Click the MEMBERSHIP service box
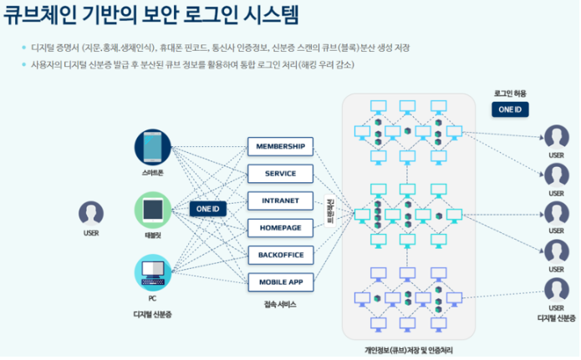[280, 147]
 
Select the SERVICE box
[280, 174]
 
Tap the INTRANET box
[280, 200]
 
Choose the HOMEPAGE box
[280, 227]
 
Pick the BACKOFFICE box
[280, 254]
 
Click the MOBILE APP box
[280, 281]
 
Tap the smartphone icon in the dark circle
[152, 147]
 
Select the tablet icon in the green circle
[152, 209]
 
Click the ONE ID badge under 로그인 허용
[509, 109]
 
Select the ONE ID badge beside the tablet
[206, 209]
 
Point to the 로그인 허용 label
[509, 93]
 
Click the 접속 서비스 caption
[279, 304]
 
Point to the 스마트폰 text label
[153, 173]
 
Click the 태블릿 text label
[153, 236]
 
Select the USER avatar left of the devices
[91, 213]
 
